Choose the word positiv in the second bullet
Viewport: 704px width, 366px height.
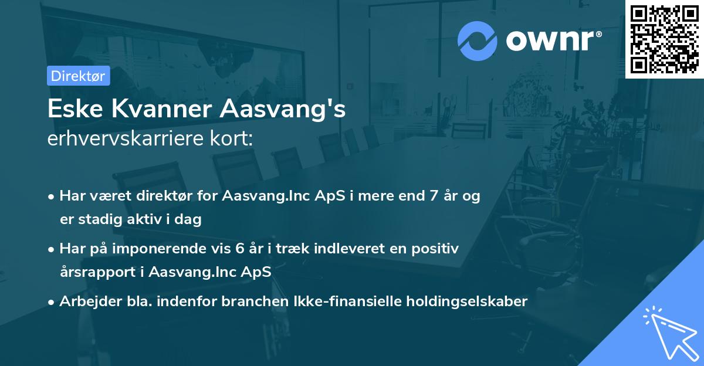pos(435,249)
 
